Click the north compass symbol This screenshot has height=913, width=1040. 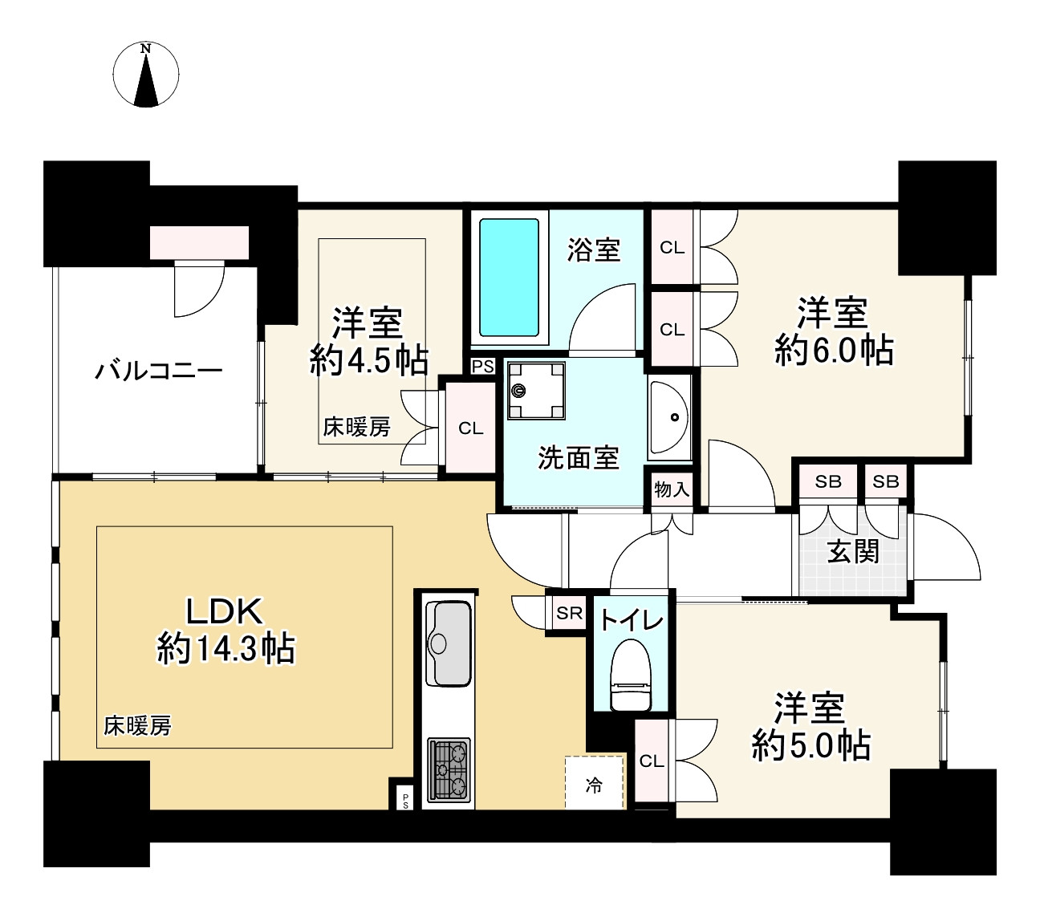coord(145,75)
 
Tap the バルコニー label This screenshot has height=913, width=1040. coord(159,371)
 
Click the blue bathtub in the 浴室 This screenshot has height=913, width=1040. coord(509,277)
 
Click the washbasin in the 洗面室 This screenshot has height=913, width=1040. coord(669,416)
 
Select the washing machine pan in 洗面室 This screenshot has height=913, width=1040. coord(535,391)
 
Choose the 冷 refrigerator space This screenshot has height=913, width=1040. coord(594,783)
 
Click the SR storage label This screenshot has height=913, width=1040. coord(569,614)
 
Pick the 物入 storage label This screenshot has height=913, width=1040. coord(672,489)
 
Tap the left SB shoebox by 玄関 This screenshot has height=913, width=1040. coord(827,481)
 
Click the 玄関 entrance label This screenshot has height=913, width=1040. coord(853,551)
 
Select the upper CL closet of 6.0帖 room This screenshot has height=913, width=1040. coord(672,248)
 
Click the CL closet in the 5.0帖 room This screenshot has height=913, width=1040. coord(652,761)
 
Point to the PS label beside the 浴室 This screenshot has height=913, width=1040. coord(482,366)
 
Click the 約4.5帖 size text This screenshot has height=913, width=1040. coord(368,362)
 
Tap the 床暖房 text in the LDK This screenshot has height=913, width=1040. coord(137,726)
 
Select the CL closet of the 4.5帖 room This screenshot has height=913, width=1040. coord(470,428)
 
